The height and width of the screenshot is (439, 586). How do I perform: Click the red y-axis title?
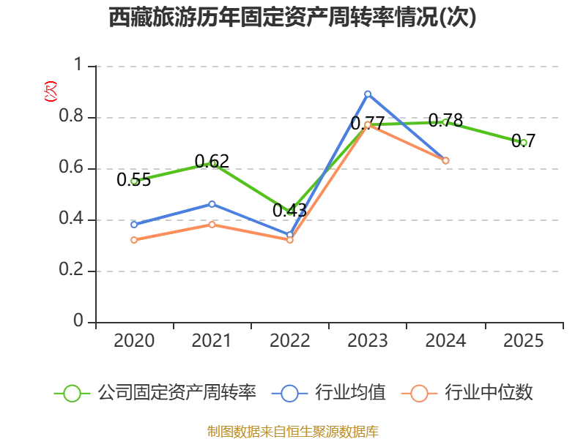coord(50,91)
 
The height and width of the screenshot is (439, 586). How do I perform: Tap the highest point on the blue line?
coord(368,94)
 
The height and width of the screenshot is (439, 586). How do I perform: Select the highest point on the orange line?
coord(368,125)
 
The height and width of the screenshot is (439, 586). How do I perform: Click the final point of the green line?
coord(523,142)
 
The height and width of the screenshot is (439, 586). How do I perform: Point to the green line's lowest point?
coord(289,209)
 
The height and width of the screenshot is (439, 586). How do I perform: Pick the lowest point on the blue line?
coord(289,235)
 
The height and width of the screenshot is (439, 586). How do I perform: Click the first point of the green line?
coord(134,181)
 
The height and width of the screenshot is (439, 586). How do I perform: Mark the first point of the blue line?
coord(134,224)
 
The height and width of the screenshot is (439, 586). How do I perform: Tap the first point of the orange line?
coord(134,239)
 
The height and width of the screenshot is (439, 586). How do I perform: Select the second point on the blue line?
coord(212,203)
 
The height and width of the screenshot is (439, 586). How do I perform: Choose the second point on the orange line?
coord(212,224)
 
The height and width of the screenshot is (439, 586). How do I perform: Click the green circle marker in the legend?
coord(72,394)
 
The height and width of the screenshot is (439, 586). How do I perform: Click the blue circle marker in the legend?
coord(289,394)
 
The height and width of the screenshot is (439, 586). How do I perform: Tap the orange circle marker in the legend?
coord(419,394)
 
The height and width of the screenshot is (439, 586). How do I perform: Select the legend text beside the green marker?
coord(176,394)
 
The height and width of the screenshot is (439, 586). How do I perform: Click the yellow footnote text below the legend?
coord(293,431)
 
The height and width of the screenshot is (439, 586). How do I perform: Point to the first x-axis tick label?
coord(134,340)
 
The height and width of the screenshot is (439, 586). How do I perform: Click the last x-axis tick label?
coord(523,340)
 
